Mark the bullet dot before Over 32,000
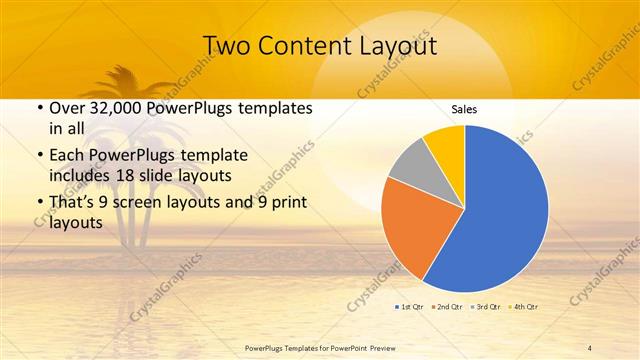point(38,109)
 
